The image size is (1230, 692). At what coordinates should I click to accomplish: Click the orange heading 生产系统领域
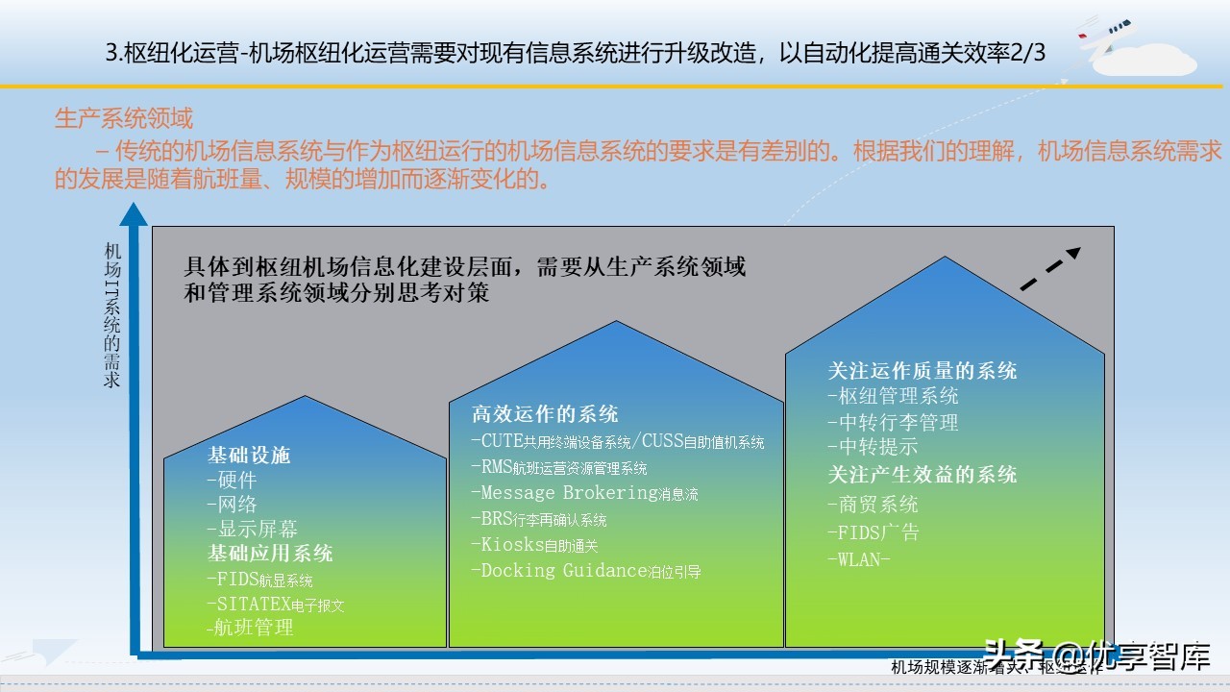(124, 118)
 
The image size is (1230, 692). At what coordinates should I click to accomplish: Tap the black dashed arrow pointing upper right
(1049, 268)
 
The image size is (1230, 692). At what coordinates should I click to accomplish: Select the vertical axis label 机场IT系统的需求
(112, 315)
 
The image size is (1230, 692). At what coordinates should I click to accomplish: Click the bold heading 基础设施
(248, 455)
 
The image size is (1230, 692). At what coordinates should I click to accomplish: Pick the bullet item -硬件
(232, 480)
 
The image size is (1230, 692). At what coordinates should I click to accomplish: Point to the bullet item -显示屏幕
(252, 529)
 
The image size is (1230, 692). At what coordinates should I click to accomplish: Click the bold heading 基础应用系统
(270, 554)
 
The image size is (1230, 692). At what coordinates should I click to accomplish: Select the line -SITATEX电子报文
(275, 605)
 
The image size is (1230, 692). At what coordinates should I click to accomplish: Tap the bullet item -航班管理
(250, 629)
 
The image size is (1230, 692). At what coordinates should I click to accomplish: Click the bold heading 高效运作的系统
(545, 414)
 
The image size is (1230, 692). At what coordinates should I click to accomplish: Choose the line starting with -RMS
(558, 467)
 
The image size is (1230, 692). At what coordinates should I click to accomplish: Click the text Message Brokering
(569, 493)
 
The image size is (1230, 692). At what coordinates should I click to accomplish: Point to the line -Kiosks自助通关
(534, 545)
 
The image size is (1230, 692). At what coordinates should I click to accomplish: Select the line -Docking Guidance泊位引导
(585, 571)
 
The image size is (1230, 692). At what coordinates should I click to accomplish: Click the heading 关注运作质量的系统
(922, 371)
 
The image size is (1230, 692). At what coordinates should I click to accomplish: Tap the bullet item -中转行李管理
(893, 422)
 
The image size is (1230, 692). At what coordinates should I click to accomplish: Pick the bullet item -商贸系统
(873, 505)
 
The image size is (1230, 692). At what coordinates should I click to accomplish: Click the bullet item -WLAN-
(859, 559)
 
